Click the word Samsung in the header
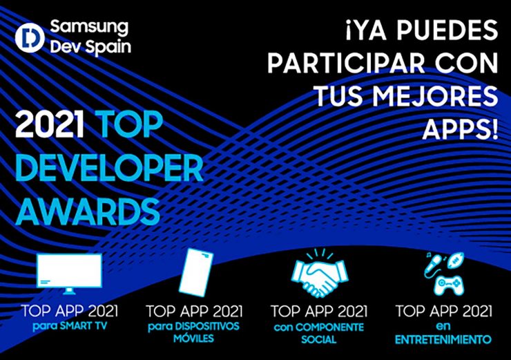(x=90, y=28)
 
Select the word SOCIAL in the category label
(x=318, y=339)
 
